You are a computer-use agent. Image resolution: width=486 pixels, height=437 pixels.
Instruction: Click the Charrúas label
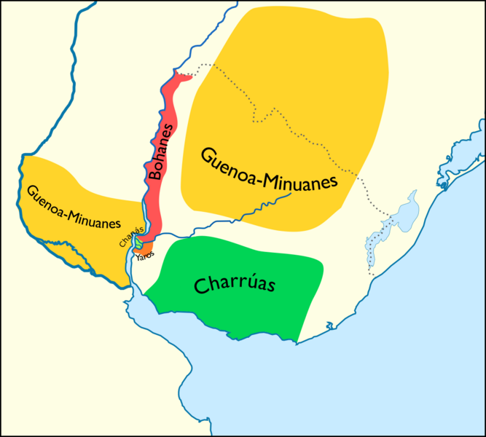coord(234,283)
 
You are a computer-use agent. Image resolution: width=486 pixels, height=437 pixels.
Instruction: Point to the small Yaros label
coord(144,255)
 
